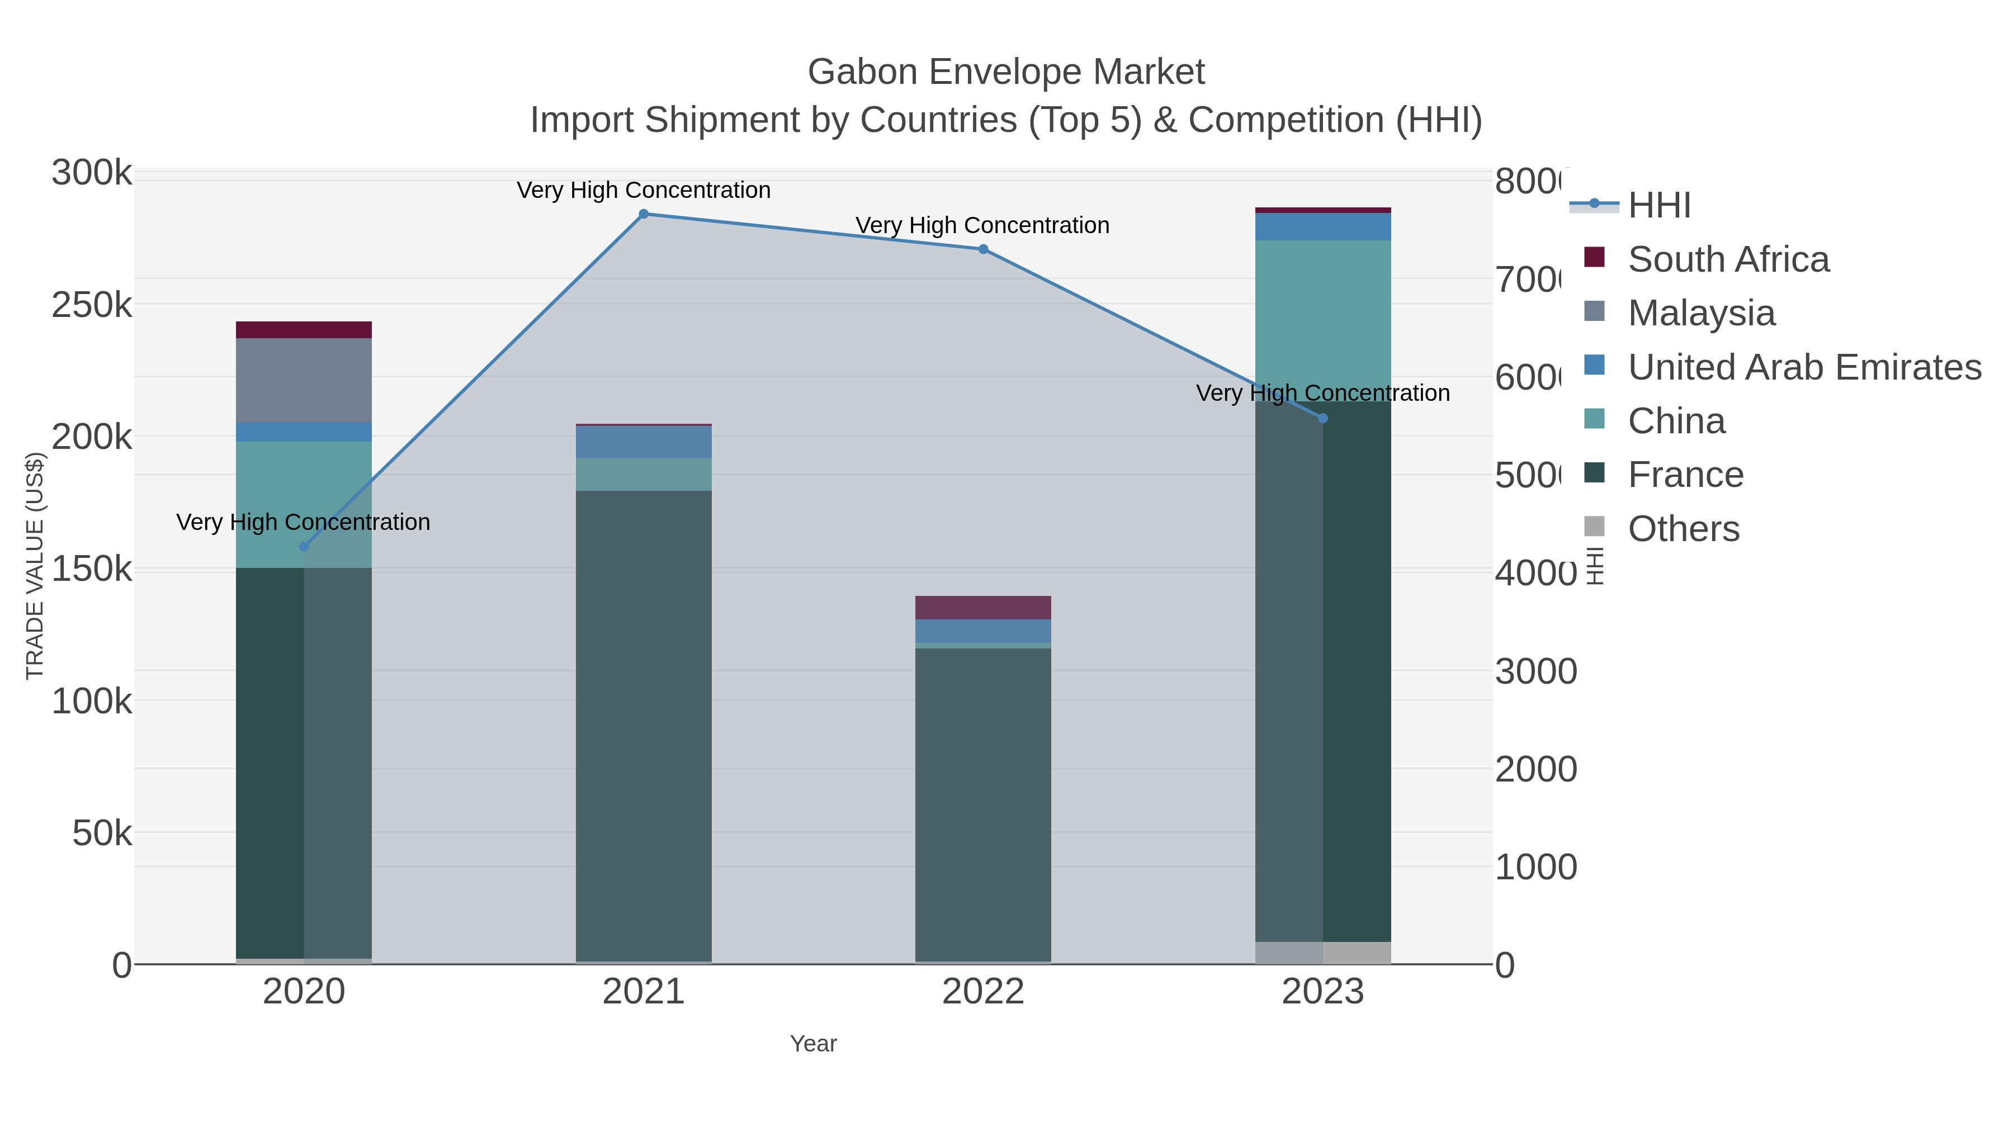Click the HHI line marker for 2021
[x=643, y=214]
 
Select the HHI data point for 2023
[x=1322, y=418]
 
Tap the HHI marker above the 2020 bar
[x=304, y=546]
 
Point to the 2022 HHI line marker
[x=983, y=249]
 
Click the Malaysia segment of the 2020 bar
[x=304, y=381]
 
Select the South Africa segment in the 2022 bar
[x=983, y=608]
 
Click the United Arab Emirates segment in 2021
[x=643, y=442]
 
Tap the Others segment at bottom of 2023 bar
[x=1322, y=953]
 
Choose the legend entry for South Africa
[x=1728, y=259]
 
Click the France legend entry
[x=1685, y=474]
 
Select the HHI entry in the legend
[x=1658, y=206]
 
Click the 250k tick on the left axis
[x=92, y=305]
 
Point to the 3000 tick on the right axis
[x=1535, y=671]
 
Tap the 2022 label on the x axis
[x=983, y=991]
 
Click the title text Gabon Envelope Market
[x=1006, y=72]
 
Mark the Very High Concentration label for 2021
[x=643, y=190]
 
